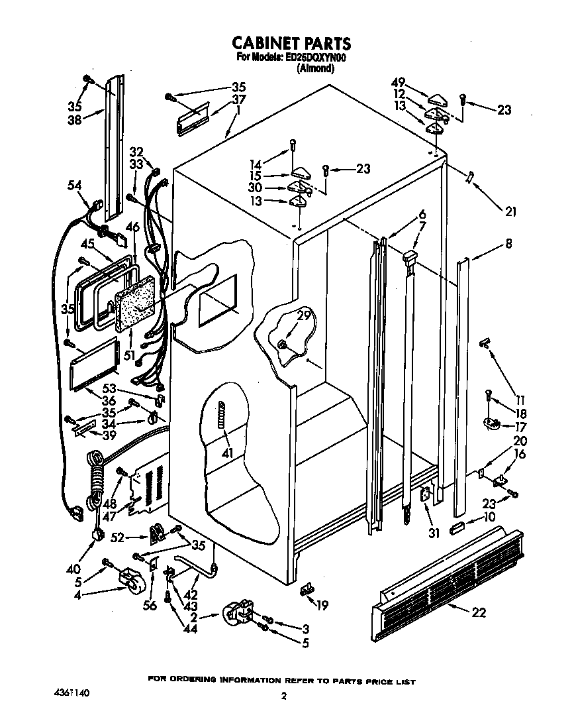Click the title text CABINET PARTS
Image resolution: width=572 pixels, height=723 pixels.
point(291,44)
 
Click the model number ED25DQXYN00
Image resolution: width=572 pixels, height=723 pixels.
point(315,58)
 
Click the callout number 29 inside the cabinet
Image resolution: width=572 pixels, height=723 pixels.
point(303,316)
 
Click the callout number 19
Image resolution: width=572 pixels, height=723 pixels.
point(322,604)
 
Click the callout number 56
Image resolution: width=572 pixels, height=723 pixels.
point(150,605)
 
